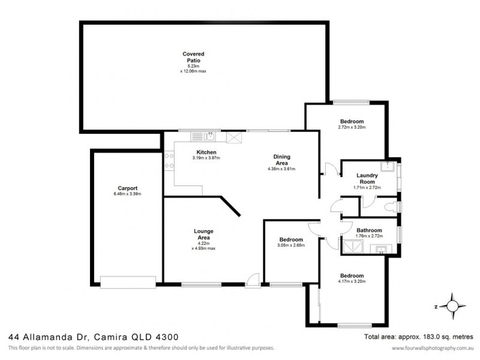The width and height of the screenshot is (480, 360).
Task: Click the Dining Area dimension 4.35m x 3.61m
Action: point(281,169)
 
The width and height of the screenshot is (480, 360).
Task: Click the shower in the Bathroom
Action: point(349,246)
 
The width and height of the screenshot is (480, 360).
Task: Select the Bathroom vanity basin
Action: point(380,250)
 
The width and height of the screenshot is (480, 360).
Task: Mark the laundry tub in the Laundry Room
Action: point(389,167)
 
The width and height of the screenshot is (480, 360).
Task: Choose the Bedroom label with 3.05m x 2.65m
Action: point(290,239)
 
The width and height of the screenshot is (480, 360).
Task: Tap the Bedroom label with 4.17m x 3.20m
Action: point(351,275)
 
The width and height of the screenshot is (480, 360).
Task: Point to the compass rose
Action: point(451,306)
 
